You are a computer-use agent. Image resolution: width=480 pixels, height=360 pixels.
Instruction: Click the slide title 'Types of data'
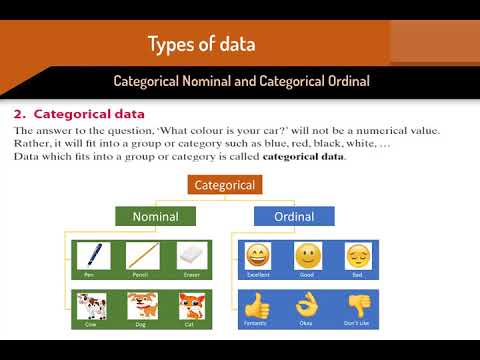(201, 44)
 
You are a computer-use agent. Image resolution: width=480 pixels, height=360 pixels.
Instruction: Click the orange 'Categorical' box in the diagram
(225, 185)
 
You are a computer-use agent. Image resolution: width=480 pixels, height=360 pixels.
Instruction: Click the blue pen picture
(94, 255)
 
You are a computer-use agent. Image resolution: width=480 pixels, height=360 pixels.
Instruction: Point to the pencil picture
(142, 255)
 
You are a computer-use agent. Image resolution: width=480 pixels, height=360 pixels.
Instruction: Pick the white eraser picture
(190, 255)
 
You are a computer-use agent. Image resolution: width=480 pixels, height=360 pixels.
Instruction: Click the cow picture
(94, 304)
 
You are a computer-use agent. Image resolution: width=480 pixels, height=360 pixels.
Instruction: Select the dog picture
(142, 304)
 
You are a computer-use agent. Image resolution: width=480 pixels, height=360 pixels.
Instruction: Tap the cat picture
(190, 304)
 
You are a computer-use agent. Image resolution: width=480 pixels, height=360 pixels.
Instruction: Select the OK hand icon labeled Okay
(307, 303)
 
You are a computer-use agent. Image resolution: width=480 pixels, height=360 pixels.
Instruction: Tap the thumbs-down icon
(358, 303)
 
